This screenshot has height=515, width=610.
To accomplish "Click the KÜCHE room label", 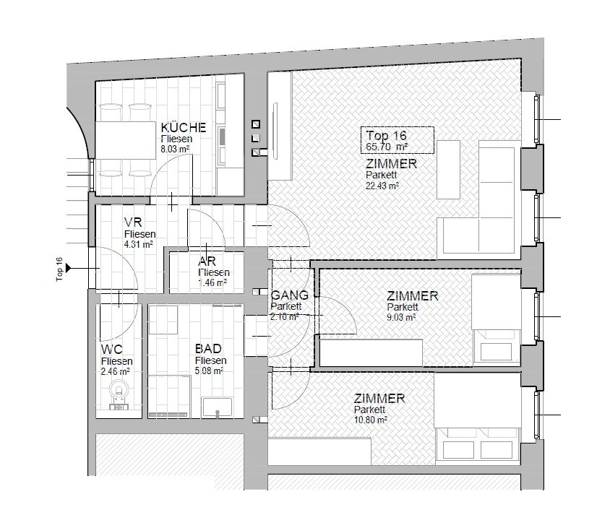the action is [x=184, y=127].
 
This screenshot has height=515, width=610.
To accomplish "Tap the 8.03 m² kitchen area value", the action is [x=175, y=149].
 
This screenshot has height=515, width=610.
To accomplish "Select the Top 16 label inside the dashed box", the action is [x=386, y=136].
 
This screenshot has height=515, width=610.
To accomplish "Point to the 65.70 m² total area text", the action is [x=387, y=147].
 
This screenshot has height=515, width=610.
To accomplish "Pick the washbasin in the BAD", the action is [x=217, y=407].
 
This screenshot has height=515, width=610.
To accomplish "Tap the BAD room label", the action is [x=208, y=349].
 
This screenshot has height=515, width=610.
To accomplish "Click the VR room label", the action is [x=133, y=222].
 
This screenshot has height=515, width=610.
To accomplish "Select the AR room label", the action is [x=207, y=261].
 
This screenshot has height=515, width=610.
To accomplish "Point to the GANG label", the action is [x=289, y=295].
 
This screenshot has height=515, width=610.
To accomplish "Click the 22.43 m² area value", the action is [x=382, y=186].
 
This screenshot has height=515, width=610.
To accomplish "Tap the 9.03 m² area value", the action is [x=401, y=318].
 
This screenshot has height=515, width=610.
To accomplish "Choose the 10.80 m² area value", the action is [x=370, y=420].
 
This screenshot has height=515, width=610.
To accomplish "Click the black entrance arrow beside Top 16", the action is [x=69, y=268].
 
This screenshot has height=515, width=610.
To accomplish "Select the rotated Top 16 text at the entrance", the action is [x=59, y=269].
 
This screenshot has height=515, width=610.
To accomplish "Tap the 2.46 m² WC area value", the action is [x=115, y=371].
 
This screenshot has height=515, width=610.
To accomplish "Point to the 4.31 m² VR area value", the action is [x=139, y=244].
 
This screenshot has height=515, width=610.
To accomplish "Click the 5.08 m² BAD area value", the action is [x=210, y=371].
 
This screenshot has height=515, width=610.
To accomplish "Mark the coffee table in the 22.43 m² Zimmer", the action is [x=449, y=170].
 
